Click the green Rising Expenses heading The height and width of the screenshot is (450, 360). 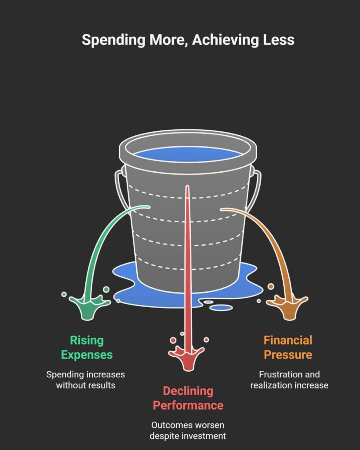pyautogui.click(x=87, y=347)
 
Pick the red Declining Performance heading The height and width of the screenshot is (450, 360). pyautogui.click(x=188, y=398)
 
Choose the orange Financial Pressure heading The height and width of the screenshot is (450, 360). pyautogui.click(x=288, y=347)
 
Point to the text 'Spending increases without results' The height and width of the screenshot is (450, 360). pyautogui.click(x=86, y=380)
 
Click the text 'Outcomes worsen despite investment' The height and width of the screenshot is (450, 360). pyautogui.click(x=188, y=431)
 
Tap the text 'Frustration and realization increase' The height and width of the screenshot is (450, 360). pyautogui.click(x=289, y=380)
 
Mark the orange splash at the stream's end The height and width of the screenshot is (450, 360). pyautogui.click(x=287, y=306)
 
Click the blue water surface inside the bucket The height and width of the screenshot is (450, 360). pyautogui.click(x=188, y=154)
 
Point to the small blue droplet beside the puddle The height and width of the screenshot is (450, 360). pyautogui.click(x=221, y=307)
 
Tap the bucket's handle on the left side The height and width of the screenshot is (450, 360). pyautogui.click(x=118, y=189)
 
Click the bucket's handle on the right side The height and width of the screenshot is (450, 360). pyautogui.click(x=258, y=189)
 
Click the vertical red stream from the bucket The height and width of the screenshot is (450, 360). pyautogui.click(x=188, y=264)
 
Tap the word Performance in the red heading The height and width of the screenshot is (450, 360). pyautogui.click(x=188, y=405)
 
